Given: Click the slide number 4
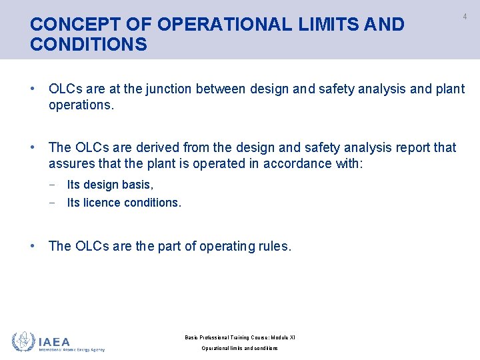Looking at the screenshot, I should pyautogui.click(x=465, y=16).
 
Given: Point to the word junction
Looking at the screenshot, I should pyautogui.click(x=171, y=89).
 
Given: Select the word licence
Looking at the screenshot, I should pyautogui.click(x=99, y=203).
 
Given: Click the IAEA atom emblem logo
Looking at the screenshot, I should pyautogui.click(x=23, y=342).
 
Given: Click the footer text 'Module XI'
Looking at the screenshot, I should pyautogui.click(x=283, y=337).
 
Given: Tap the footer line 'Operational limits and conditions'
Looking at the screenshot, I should pyautogui.click(x=239, y=348).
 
